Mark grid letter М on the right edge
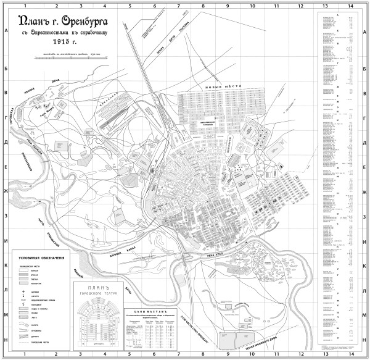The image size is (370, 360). pos(364,314)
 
